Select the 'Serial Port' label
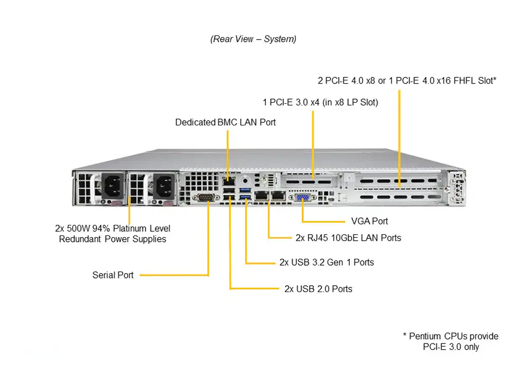[113, 275]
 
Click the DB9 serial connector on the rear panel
[207, 198]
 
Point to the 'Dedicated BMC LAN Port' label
[225, 122]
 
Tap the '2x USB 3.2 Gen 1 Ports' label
[326, 262]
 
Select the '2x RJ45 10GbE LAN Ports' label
[348, 238]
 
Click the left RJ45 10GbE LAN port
[261, 196]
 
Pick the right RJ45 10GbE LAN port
[277, 196]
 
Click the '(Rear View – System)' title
[253, 39]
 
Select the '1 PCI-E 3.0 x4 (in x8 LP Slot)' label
[320, 102]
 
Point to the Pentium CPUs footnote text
[450, 341]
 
